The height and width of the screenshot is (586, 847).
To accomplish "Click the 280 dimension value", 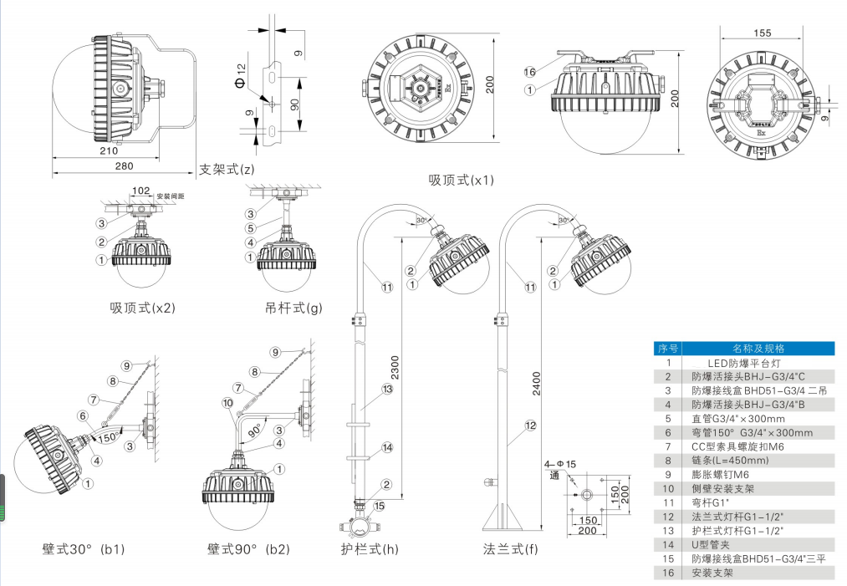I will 124,166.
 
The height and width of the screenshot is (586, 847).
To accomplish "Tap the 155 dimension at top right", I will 761,33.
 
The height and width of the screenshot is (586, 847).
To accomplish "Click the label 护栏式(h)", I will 370,549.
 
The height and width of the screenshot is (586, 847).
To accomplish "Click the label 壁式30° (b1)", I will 84,549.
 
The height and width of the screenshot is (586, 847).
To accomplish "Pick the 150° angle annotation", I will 107,436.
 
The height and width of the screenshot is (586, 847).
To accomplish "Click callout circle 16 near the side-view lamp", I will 529,72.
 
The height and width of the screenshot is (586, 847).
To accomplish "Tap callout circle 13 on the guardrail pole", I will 387,390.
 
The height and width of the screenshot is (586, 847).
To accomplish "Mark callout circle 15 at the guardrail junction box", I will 380,505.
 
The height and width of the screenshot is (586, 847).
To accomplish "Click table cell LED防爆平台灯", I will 737,363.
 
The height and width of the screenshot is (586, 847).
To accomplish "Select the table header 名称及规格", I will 758,349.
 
